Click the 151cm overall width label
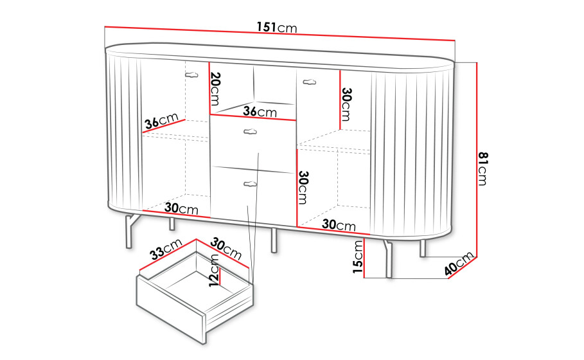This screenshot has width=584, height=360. click(x=277, y=27)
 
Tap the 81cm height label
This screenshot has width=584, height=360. click(x=482, y=168)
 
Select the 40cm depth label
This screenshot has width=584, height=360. click(x=459, y=264)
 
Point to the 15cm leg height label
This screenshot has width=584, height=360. click(x=358, y=256)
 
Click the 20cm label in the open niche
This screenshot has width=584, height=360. click(x=216, y=89)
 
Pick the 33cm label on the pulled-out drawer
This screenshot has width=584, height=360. click(x=166, y=249)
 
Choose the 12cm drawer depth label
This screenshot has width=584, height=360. click(x=214, y=270)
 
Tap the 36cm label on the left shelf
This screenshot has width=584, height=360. click(x=162, y=121)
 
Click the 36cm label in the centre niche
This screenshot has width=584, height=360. click(x=260, y=111)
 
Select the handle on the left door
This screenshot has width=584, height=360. click(x=191, y=75)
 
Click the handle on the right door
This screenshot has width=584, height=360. click(x=309, y=82)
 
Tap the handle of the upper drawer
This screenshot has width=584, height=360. click(x=250, y=131)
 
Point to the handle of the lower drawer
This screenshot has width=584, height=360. click(x=250, y=184)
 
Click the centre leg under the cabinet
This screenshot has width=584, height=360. click(x=274, y=240)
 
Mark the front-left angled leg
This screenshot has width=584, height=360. click(x=132, y=230)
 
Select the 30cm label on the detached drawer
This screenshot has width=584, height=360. click(x=226, y=249)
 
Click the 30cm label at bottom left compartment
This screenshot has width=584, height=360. click(x=181, y=208)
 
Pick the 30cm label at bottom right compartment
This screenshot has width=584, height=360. click(x=339, y=224)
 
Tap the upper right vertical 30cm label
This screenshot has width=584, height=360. click(x=346, y=104)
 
